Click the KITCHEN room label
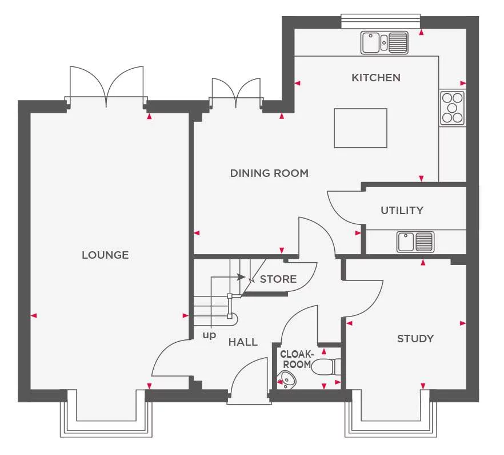[375, 77]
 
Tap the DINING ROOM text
[269, 173]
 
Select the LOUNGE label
[105, 255]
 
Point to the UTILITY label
[402, 210]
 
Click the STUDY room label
[415, 338]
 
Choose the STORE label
[278, 279]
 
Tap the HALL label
[243, 342]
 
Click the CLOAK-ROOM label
[296, 359]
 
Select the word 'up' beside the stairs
[209, 335]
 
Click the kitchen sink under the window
[385, 42]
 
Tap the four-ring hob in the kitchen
[453, 108]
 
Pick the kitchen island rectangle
[361, 128]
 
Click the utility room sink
[415, 242]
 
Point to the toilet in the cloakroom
[327, 366]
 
